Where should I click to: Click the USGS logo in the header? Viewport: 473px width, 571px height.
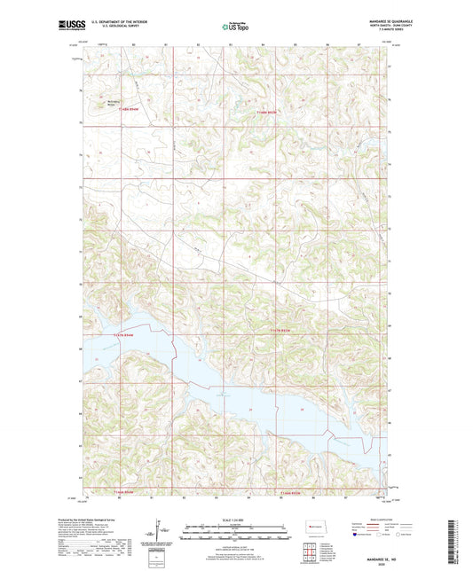tap(68, 27)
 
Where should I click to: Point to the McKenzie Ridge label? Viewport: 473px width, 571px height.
tap(114, 102)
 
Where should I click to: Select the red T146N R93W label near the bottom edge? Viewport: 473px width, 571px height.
tap(287, 492)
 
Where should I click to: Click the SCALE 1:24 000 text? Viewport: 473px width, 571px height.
tap(236, 519)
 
